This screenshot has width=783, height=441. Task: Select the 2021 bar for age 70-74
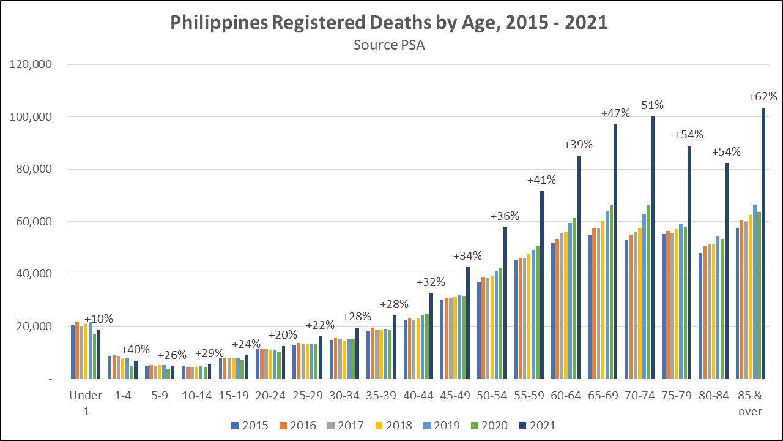(653, 247)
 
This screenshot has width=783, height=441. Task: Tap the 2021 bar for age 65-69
(615, 251)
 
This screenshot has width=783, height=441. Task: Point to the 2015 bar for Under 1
(73, 352)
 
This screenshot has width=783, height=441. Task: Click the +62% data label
(763, 97)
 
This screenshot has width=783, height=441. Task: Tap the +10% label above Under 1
(98, 319)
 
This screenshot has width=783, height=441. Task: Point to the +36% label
(505, 216)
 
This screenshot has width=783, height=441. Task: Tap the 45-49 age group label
(456, 396)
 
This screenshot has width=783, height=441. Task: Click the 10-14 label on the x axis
(197, 396)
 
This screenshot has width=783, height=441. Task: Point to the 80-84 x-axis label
(714, 396)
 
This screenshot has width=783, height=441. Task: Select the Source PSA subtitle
(389, 45)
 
